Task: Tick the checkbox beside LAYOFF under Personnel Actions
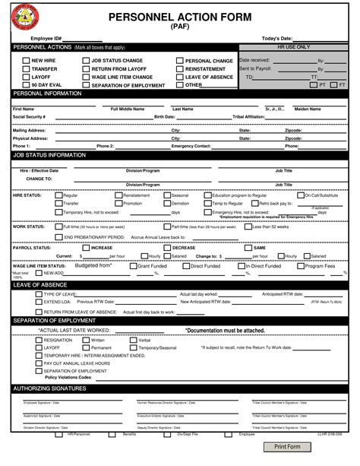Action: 25,77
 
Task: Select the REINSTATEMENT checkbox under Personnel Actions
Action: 179,69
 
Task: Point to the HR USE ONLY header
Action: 293,47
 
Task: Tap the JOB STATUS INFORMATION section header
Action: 49,154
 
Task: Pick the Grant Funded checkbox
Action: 133,267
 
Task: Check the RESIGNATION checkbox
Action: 38,340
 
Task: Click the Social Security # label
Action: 30,117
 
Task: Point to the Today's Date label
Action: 276,38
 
